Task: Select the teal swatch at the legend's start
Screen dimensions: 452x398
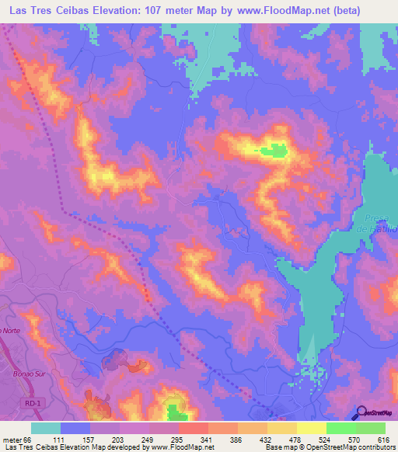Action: click(x=46, y=429)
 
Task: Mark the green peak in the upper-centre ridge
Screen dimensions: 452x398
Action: click(x=274, y=151)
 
